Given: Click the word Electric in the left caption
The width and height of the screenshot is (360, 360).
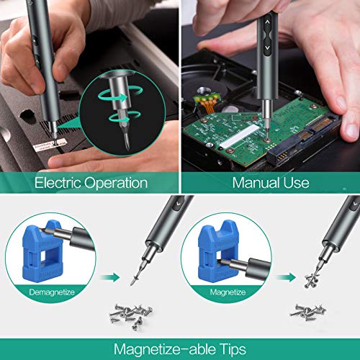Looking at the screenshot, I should pos(58,183).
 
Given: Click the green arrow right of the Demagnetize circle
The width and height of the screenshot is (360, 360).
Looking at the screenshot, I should pos(110,275).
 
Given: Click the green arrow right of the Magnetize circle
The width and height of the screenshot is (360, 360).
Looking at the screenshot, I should pos(285,275).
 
